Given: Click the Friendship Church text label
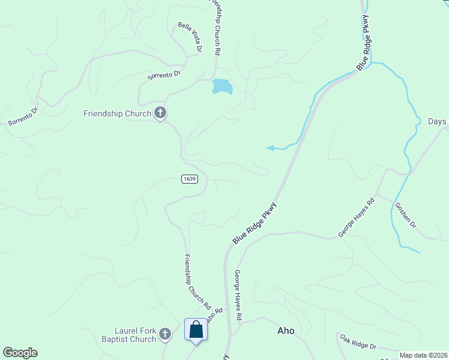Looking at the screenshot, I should [x=117, y=113].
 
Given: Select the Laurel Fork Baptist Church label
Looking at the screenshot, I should [x=136, y=335].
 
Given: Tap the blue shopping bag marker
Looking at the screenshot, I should [x=196, y=330].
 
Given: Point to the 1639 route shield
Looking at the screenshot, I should [x=188, y=179].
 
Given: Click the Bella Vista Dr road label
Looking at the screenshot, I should [x=190, y=37].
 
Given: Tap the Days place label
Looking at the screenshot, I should [x=437, y=122].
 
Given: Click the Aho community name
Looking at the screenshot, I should [x=286, y=331].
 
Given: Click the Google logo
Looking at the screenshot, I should [x=20, y=353].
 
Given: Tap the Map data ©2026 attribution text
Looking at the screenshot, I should [x=423, y=355].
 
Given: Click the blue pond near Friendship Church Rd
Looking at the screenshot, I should [x=221, y=86].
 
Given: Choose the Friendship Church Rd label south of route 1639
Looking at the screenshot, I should [x=197, y=281].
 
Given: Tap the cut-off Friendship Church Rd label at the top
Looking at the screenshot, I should [x=214, y=26].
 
